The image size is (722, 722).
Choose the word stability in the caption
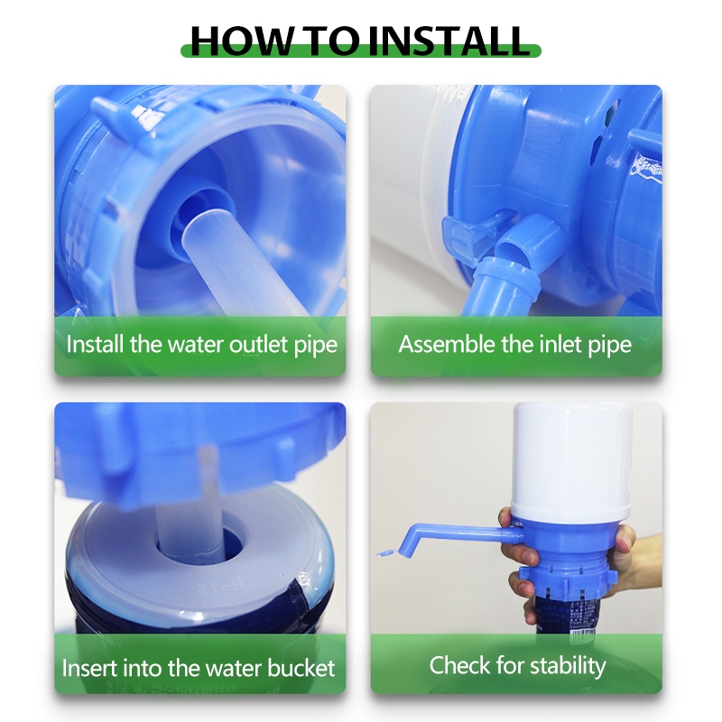click(x=568, y=666)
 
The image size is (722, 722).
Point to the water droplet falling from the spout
click(x=386, y=552)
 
